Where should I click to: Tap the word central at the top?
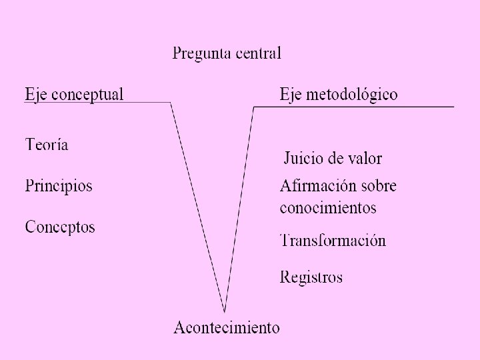coord(255,53)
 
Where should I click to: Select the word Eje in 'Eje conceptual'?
coord(36,94)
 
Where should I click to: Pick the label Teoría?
coord(47,145)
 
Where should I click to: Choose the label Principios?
coord(59,185)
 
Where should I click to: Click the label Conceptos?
coord(60,227)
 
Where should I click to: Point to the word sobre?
coord(378,185)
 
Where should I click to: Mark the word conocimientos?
coord(328,207)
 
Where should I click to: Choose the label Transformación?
coord(333,241)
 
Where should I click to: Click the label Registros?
coord(311,276)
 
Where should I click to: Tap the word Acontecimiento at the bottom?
coord(227,327)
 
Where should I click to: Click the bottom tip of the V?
coord(225,311)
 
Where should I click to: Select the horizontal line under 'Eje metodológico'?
coord(353,106)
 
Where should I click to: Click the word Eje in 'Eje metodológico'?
coord(291,94)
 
